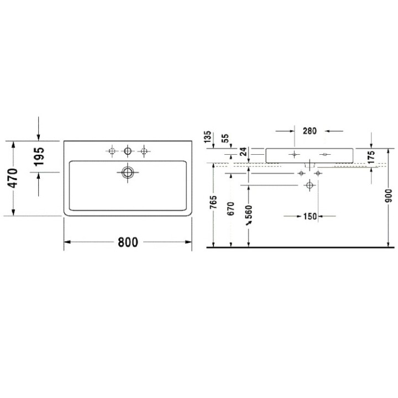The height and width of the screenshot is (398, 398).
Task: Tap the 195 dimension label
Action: (38, 156)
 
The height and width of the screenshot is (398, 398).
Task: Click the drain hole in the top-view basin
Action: (128, 172)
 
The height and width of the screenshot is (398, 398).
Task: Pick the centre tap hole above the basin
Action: (128, 150)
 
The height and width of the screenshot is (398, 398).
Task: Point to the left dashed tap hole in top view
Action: (113, 150)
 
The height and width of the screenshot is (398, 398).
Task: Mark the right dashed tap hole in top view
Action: (144, 150)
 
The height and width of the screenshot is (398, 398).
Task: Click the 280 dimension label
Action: (310, 131)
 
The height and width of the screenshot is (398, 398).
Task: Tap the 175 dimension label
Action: (370, 157)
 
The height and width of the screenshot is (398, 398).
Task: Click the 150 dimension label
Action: (310, 216)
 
